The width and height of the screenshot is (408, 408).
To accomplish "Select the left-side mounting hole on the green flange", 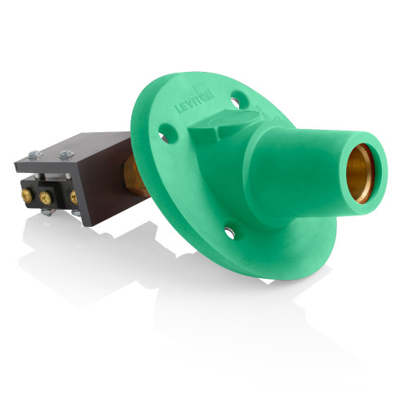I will tap(164, 130).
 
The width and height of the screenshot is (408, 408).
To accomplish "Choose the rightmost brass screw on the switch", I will tap(73, 196).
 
